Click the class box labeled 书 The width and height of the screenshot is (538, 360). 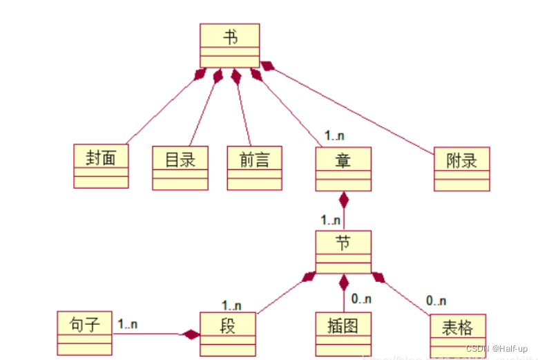click(229, 45)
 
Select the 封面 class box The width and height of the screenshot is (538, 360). click(101, 167)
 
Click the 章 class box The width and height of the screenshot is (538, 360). click(343, 169)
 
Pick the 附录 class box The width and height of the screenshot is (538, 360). click(461, 169)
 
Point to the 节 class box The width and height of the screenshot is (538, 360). click(343, 252)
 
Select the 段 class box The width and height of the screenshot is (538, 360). click(228, 333)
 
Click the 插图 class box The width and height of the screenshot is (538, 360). click(343, 334)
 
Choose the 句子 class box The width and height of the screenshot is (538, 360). click(85, 332)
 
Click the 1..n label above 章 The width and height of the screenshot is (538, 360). click(335, 137)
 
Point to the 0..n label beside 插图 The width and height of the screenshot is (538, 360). click(361, 299)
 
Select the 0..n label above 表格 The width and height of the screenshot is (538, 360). click(436, 301)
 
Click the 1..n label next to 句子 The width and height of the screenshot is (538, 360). click(127, 323)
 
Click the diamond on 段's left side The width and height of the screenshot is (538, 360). click(190, 335)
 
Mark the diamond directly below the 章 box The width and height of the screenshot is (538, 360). click(343, 200)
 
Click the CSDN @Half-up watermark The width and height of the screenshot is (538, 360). click(497, 349)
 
